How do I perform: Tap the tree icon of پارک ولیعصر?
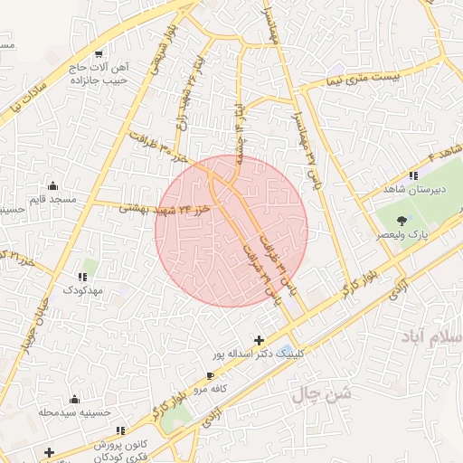tap(402, 220)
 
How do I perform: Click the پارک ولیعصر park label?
tap(404, 234)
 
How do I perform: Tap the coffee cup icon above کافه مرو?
tap(211, 374)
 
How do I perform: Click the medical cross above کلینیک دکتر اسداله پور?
tap(260, 340)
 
